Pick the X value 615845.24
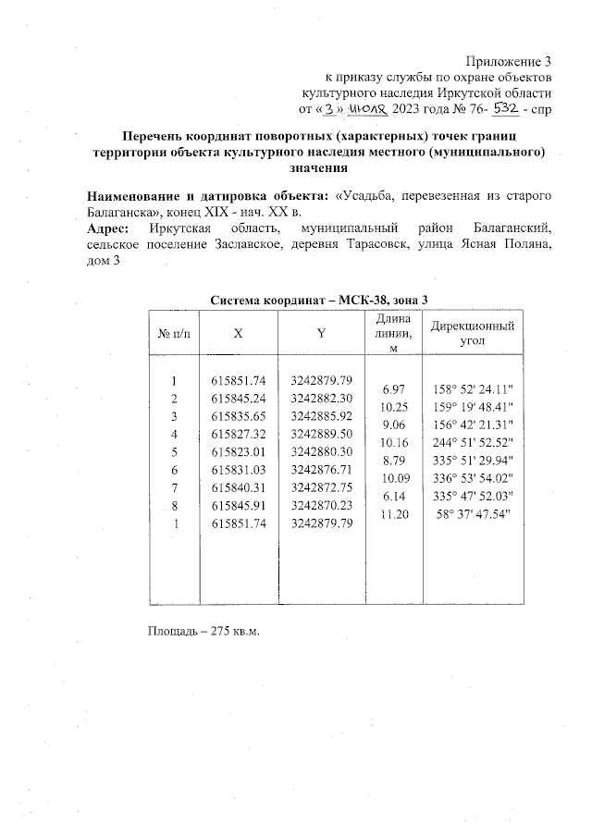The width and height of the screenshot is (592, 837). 239,398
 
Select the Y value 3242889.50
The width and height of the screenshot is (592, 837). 322,433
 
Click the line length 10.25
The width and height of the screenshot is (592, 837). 394,407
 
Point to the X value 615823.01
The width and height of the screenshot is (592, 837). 239,451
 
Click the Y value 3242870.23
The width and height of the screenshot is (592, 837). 322,504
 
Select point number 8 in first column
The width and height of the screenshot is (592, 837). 174,505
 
